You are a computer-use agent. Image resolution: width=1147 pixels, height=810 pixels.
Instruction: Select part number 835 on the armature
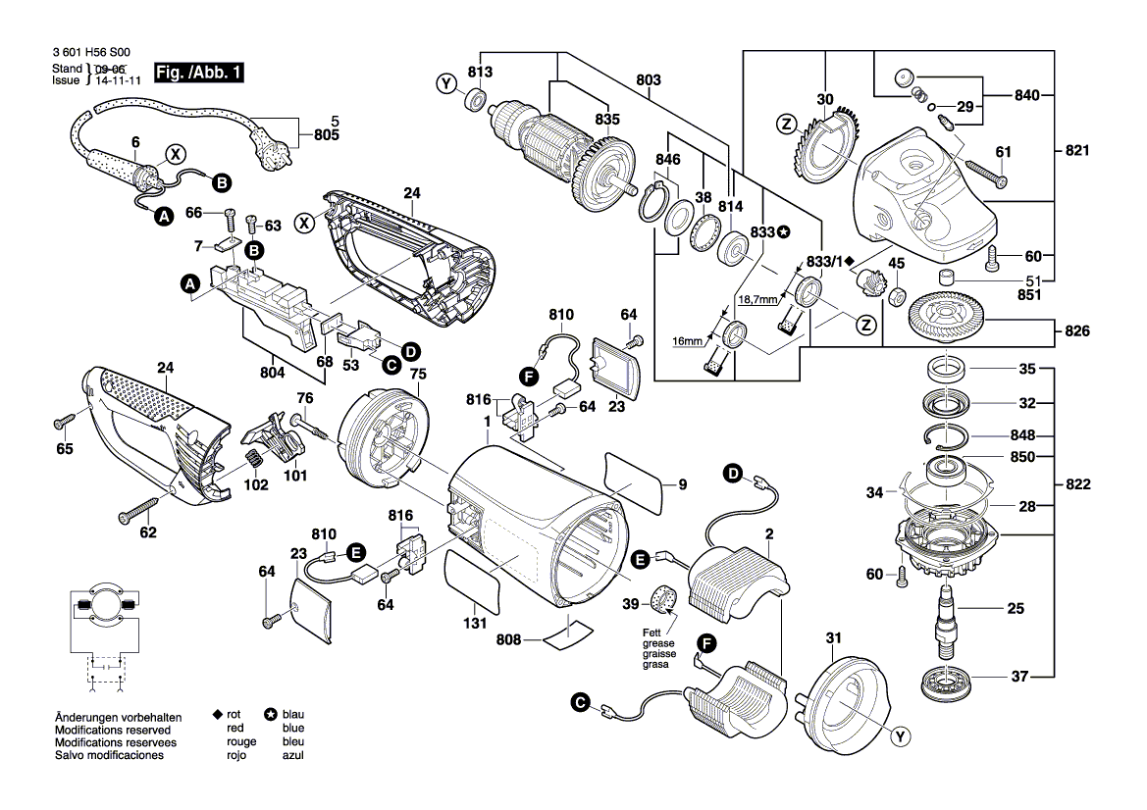[x=607, y=119]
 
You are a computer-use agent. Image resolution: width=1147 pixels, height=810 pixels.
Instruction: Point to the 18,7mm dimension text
[x=757, y=299]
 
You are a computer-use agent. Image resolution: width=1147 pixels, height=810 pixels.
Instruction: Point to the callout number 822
[x=1078, y=483]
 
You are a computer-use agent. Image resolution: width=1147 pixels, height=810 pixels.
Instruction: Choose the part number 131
[x=475, y=622]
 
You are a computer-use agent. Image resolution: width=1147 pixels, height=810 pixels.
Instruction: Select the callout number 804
[x=273, y=373]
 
